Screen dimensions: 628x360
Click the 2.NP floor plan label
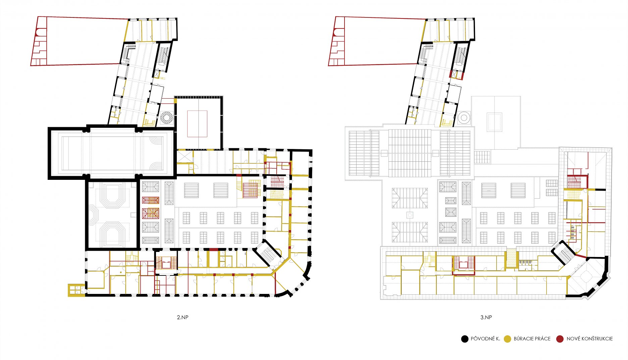tap(182, 317)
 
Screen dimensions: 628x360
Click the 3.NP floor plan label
tap(486, 317)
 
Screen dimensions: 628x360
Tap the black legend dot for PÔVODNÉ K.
tap(465, 339)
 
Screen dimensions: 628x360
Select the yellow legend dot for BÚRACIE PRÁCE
tap(507, 339)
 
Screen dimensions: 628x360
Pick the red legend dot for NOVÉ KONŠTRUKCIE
tap(560, 339)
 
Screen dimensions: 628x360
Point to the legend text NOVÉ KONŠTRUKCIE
tap(590, 339)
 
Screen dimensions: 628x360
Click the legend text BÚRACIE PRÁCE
tap(532, 339)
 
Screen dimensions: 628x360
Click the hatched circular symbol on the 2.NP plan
tap(166, 117)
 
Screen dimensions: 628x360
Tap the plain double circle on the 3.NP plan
tap(464, 117)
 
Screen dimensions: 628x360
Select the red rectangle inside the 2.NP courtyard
tap(197, 124)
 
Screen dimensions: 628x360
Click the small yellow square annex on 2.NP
tap(76, 290)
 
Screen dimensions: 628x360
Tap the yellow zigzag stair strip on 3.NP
tap(511, 258)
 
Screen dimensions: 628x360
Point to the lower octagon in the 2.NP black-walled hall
tap(113, 233)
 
